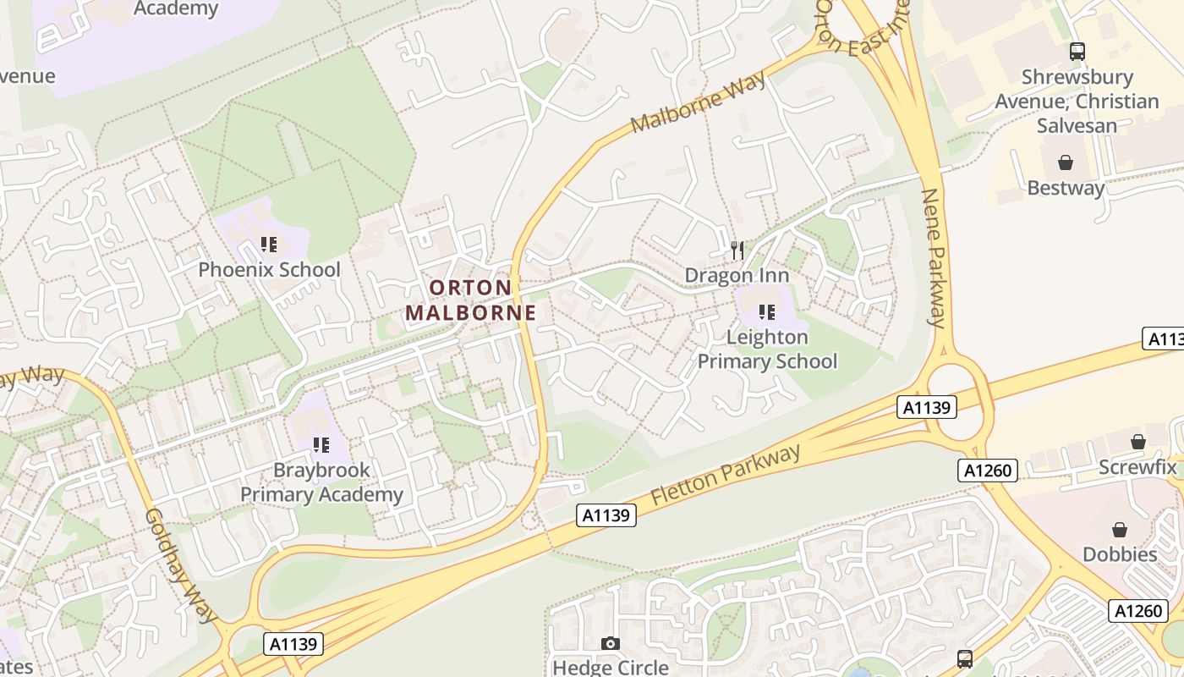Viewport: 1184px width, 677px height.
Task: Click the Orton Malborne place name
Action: click(x=470, y=300)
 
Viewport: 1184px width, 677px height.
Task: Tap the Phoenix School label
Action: click(x=269, y=270)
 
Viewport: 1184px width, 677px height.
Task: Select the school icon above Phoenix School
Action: click(x=269, y=245)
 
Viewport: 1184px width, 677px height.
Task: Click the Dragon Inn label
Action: click(x=737, y=275)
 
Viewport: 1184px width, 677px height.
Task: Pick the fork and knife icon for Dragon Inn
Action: click(x=737, y=250)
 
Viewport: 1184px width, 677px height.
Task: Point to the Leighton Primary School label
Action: click(x=767, y=350)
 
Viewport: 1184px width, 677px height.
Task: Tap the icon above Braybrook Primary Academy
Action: click(x=321, y=444)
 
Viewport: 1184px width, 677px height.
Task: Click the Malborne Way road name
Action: click(x=699, y=102)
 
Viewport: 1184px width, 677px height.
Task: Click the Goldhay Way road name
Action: click(x=175, y=565)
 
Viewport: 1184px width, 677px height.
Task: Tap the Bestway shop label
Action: click(x=1066, y=187)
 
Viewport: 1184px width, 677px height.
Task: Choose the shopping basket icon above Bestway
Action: click(x=1066, y=162)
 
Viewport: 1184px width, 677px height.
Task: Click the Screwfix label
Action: click(x=1137, y=467)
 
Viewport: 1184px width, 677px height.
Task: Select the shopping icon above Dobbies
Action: click(x=1120, y=530)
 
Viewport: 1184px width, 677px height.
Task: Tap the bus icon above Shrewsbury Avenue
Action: click(x=1077, y=51)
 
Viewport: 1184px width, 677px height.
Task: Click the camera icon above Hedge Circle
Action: click(x=610, y=644)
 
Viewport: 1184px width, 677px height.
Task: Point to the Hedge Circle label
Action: click(x=610, y=667)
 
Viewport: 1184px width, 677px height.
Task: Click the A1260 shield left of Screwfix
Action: click(x=988, y=471)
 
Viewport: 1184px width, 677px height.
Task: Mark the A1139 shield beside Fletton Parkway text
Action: click(x=607, y=515)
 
